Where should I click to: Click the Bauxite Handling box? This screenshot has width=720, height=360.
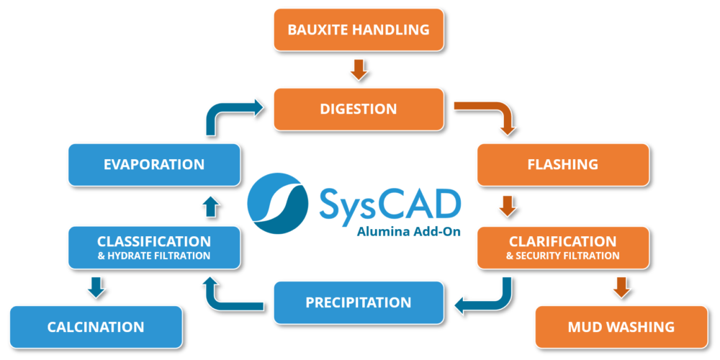click(x=359, y=30)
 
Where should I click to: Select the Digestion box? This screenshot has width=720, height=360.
click(x=359, y=109)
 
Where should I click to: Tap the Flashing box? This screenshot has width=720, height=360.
click(x=563, y=164)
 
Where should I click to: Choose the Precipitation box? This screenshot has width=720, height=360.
click(x=358, y=302)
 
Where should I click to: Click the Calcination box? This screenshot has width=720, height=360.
click(x=96, y=327)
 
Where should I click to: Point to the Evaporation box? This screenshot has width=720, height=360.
click(x=153, y=164)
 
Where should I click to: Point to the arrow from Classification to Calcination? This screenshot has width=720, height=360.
click(x=96, y=287)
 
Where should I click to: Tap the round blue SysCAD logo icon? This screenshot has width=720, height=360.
click(x=278, y=197)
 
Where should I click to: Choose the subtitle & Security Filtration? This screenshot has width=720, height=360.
click(x=563, y=256)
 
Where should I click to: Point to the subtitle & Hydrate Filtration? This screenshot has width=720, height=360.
click(x=153, y=256)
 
